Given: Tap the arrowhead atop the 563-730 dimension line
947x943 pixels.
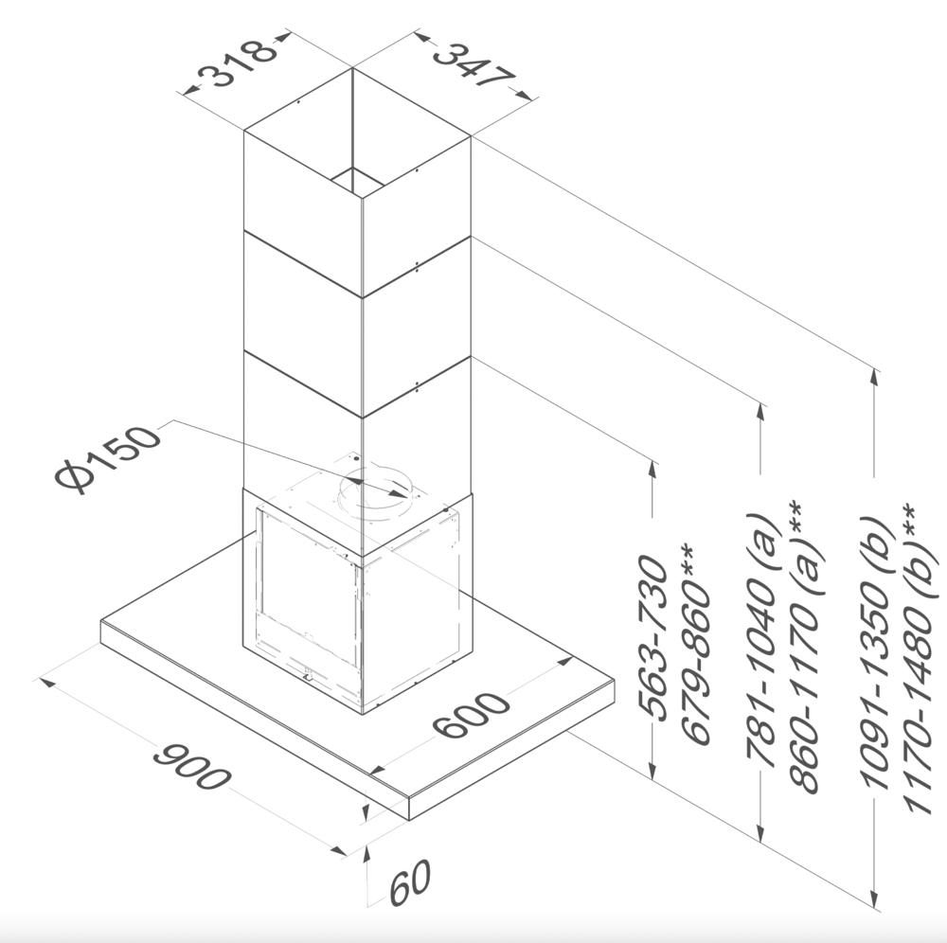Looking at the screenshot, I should coord(652,464).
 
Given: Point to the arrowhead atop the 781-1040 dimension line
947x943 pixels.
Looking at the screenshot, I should coord(762,410).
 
